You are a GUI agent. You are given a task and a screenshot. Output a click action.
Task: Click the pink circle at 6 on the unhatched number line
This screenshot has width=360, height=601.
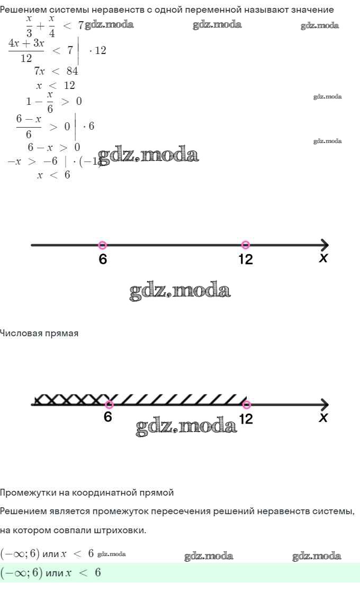[x=103, y=245]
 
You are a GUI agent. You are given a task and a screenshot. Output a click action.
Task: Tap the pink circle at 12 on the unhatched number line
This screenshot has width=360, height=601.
[x=245, y=245]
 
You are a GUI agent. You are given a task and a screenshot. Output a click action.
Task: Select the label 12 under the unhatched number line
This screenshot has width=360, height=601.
[x=246, y=259]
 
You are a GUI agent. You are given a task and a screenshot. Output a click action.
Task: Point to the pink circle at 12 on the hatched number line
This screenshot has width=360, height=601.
[x=246, y=405]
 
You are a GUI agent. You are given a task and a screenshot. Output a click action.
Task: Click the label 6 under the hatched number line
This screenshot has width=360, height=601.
[x=108, y=417]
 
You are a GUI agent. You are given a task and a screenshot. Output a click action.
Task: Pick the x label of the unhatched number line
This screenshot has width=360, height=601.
[x=323, y=258]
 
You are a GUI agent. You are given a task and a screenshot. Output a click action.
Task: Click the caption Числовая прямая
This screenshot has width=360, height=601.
[x=39, y=333]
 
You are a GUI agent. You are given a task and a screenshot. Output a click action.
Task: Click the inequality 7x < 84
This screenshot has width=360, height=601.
[x=56, y=71]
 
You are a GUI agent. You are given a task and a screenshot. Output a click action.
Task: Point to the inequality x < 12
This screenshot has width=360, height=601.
[x=56, y=85]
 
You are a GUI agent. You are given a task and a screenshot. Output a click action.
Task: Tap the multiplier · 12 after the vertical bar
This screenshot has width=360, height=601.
[x=97, y=51]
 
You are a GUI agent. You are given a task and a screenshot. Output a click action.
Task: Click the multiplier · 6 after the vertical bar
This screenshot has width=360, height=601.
[x=88, y=126]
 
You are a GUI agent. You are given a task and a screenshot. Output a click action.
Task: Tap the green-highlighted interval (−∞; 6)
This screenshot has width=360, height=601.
[x=20, y=573]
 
